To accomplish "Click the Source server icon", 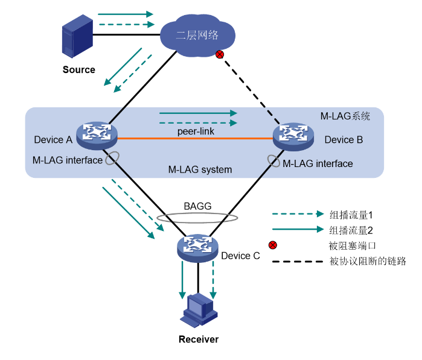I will (78, 36).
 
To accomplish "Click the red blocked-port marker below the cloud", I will (220, 55).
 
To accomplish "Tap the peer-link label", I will (195, 130).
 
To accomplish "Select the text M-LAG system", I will (200, 170).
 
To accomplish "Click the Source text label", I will (79, 70).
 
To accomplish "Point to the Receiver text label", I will (199, 339).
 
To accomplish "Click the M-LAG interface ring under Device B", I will (275, 162).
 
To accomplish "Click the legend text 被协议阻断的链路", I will (368, 261).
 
